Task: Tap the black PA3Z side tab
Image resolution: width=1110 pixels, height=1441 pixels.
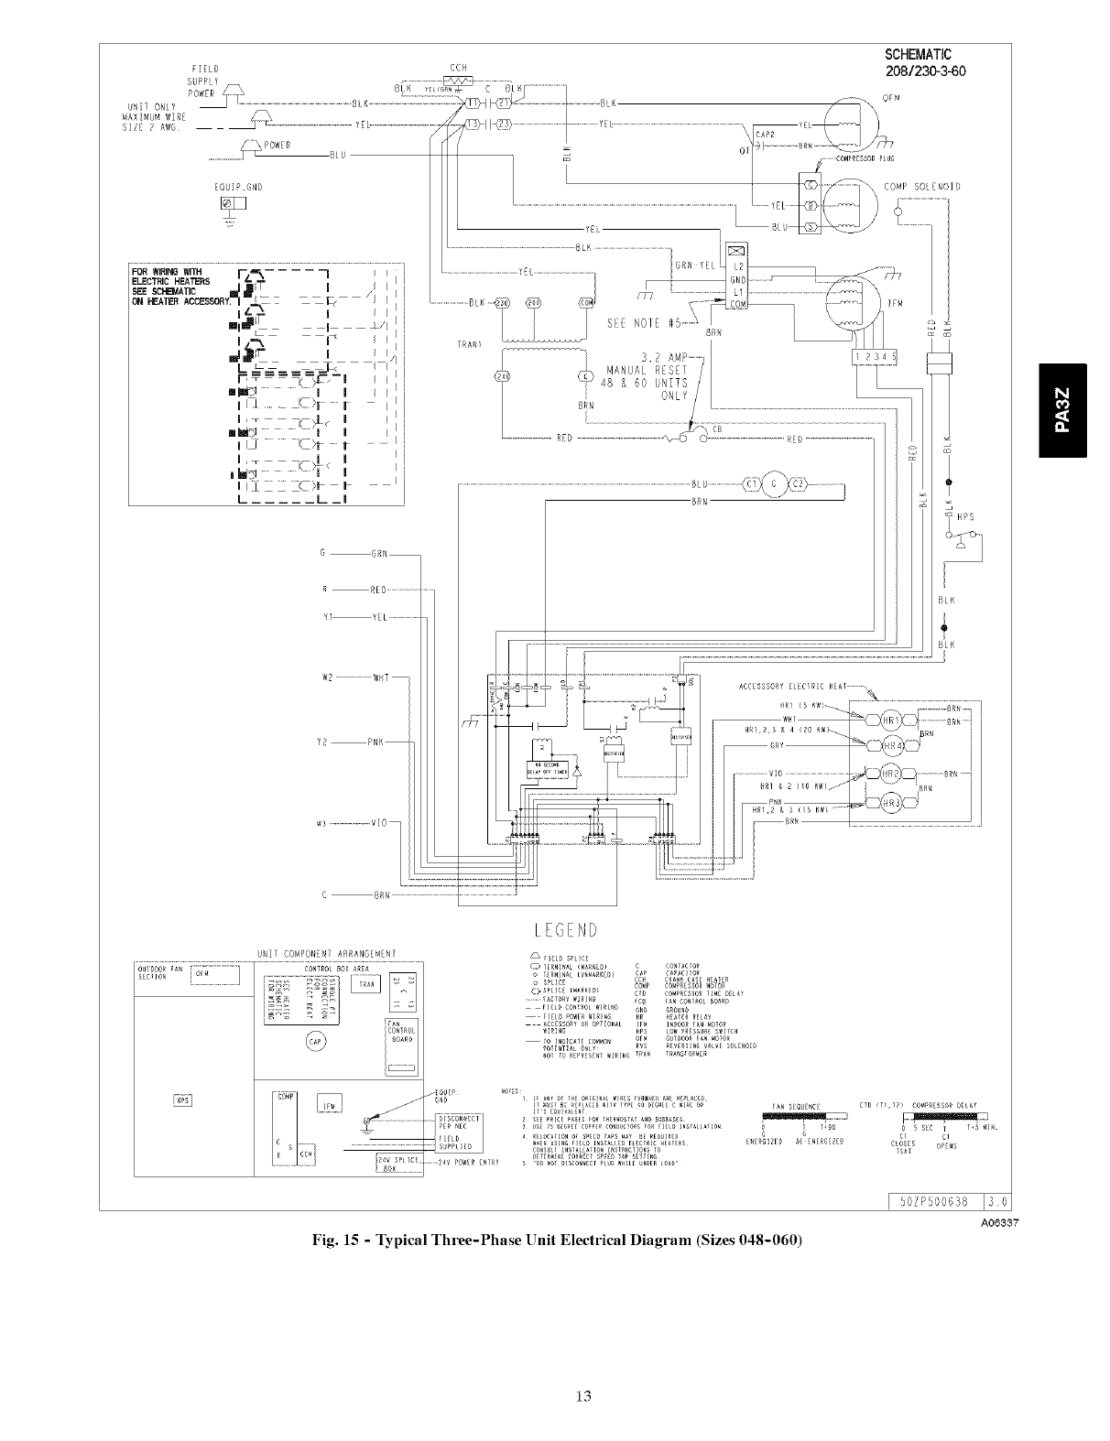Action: click(1061, 409)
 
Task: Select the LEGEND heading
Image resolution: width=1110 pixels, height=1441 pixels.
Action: click(560, 930)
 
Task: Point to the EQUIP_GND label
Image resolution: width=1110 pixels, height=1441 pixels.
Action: click(237, 187)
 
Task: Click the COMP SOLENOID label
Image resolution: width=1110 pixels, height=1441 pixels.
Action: click(922, 187)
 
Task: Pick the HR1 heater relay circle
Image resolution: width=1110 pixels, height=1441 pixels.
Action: click(892, 720)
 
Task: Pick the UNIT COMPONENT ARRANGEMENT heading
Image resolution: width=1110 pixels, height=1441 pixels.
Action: click(327, 954)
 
